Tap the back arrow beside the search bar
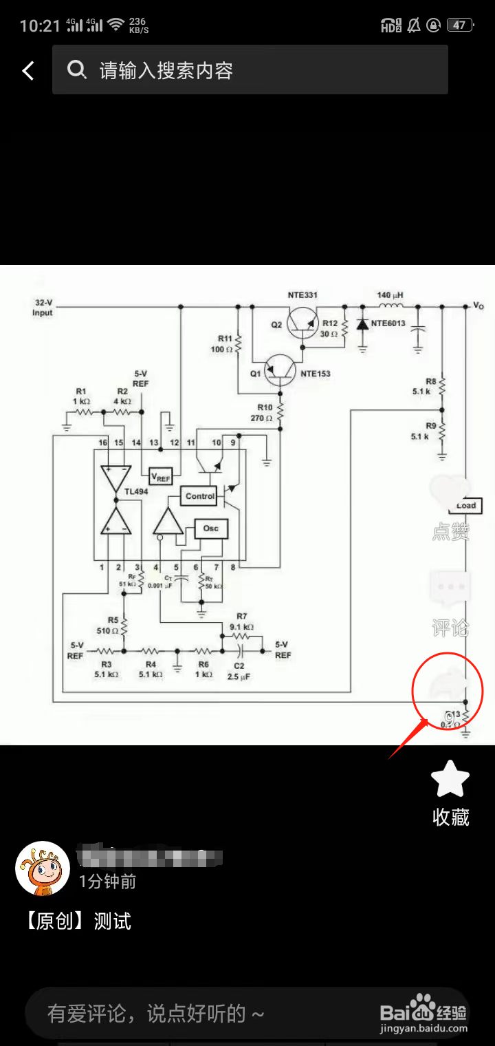click(x=28, y=70)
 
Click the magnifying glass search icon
click(x=76, y=70)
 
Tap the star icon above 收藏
click(x=450, y=780)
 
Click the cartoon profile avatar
click(x=43, y=868)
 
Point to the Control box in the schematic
click(x=200, y=495)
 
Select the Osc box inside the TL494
click(x=211, y=529)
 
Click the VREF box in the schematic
click(x=161, y=477)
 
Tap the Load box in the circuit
click(x=465, y=505)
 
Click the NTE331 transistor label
click(x=302, y=295)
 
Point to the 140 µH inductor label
click(x=390, y=295)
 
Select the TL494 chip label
click(x=136, y=492)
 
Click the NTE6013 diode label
click(x=388, y=323)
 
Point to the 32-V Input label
click(x=43, y=308)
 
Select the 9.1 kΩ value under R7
click(x=241, y=628)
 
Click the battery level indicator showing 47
click(x=459, y=25)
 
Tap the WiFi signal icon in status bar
click(x=115, y=25)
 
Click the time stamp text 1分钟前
click(x=107, y=882)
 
